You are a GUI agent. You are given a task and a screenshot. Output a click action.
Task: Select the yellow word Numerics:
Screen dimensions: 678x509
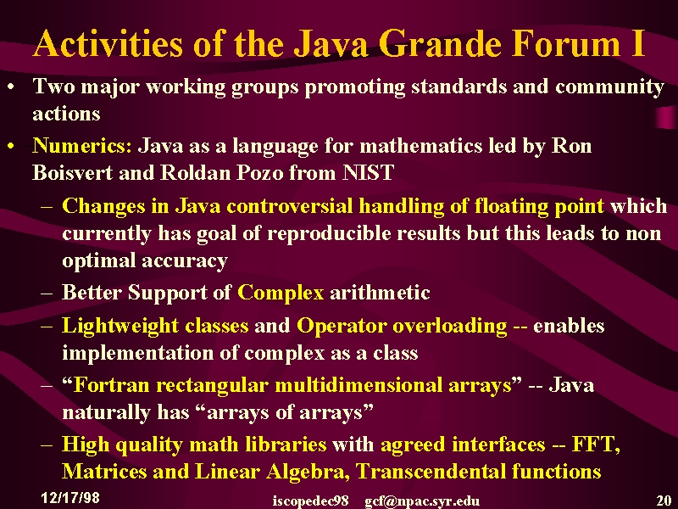82,145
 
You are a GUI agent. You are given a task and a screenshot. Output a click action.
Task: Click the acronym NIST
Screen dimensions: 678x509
368,172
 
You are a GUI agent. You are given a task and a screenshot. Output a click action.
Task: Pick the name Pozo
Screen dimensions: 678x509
259,172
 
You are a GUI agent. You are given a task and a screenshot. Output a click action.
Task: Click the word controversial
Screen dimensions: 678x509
290,205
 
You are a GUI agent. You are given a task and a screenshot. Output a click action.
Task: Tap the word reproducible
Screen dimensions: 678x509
329,233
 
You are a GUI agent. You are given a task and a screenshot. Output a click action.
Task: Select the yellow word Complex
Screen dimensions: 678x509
281,293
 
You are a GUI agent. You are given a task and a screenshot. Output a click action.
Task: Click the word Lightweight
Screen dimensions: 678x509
120,326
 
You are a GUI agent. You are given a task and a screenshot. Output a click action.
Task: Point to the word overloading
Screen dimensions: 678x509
450,326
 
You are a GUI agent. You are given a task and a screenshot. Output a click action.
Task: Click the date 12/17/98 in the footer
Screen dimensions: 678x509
70,497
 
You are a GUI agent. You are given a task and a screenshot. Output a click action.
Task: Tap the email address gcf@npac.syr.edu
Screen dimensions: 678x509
422,501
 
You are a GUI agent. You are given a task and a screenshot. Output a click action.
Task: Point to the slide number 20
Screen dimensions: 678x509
664,501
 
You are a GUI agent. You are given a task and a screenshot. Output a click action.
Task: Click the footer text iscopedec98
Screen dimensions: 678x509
310,501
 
